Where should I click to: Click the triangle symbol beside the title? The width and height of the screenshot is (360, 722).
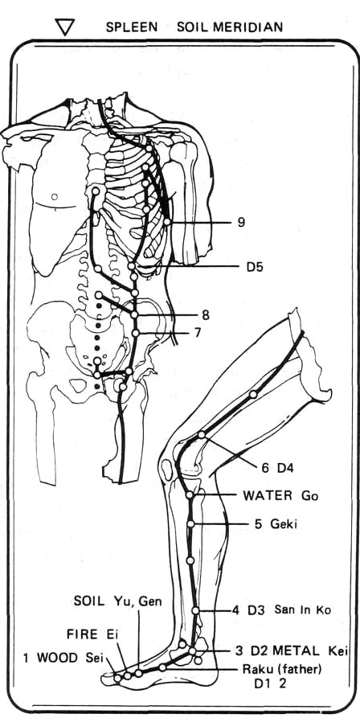64,27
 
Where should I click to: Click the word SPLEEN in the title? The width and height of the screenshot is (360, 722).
132,27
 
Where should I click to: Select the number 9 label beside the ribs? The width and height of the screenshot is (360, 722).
241,223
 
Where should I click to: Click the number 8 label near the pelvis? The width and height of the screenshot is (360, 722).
206,315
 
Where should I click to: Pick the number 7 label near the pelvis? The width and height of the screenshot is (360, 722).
198,332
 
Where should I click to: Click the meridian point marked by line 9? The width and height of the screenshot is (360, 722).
166,222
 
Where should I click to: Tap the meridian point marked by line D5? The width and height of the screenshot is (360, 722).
132,266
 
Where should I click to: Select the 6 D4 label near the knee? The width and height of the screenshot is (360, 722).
277,468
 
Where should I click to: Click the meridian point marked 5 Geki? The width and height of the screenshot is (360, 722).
190,524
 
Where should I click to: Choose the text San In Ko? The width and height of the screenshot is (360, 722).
303,609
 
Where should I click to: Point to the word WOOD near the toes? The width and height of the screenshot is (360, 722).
57,658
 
